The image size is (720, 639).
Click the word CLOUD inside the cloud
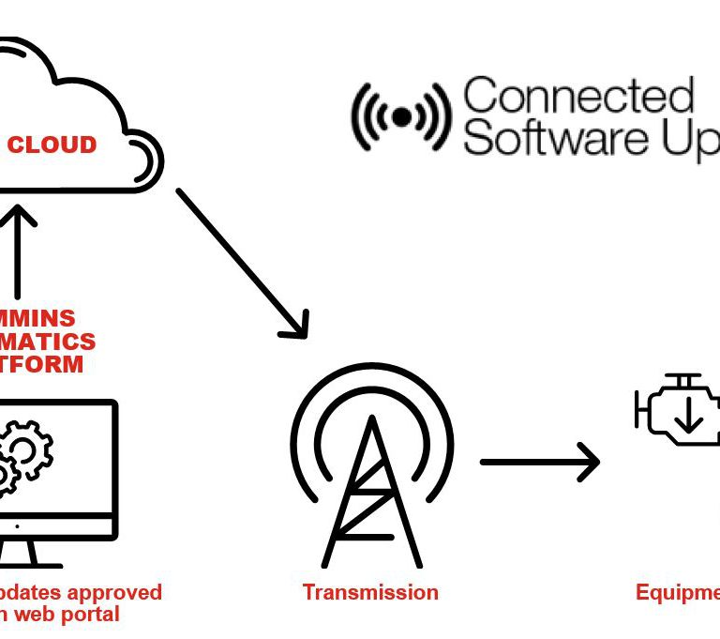[x=52, y=145]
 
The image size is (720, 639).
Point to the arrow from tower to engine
[x=539, y=462]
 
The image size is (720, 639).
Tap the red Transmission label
[x=370, y=592]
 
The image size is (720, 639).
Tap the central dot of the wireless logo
[x=401, y=116]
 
